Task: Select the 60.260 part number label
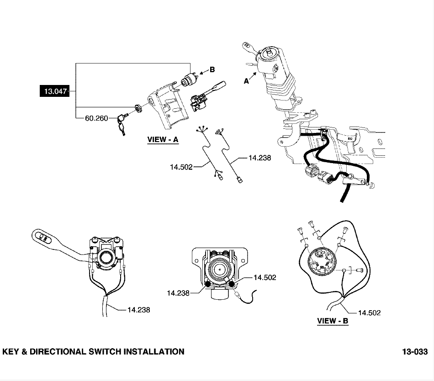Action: pyautogui.click(x=96, y=118)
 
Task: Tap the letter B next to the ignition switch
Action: pyautogui.click(x=212, y=70)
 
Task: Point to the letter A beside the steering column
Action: pyautogui.click(x=247, y=81)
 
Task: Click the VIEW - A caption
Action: pyautogui.click(x=163, y=140)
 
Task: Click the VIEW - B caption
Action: pyautogui.click(x=333, y=321)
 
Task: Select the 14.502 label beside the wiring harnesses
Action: pyautogui.click(x=181, y=167)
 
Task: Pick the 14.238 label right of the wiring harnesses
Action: pyautogui.click(x=259, y=158)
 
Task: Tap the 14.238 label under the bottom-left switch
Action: pyautogui.click(x=138, y=310)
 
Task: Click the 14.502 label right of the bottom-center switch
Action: pyautogui.click(x=265, y=277)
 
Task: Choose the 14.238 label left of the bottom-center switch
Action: pyautogui.click(x=178, y=293)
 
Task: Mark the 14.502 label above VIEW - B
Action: pyautogui.click(x=369, y=313)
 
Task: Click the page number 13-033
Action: pyautogui.click(x=415, y=352)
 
